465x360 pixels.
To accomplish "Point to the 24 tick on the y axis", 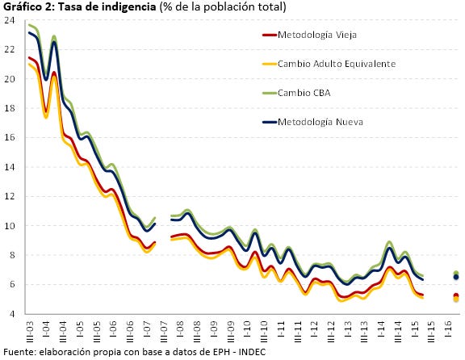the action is point(9,20).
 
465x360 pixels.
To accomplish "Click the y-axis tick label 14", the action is point(9,167).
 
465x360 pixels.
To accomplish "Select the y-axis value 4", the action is point(12,314).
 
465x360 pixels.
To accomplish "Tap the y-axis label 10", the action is point(9,226).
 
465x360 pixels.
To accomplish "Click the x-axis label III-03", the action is point(30,331).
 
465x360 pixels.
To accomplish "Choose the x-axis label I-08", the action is point(180,329).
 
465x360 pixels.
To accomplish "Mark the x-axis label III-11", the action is point(298,331).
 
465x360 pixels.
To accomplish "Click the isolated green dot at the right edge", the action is point(456,273).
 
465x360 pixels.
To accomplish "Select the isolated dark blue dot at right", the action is point(456,277).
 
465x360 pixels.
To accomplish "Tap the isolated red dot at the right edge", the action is point(456,295).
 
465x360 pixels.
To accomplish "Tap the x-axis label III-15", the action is point(432,331).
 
